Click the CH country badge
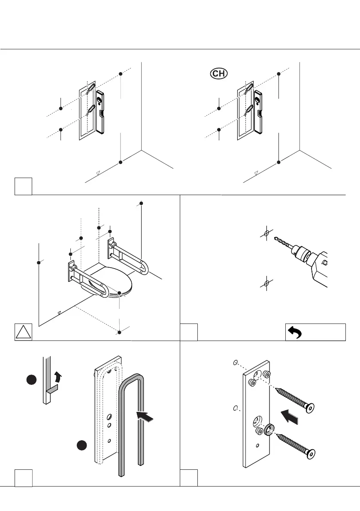click(x=218, y=73)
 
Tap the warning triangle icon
click(x=23, y=333)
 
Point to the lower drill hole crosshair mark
click(x=266, y=284)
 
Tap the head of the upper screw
click(x=308, y=408)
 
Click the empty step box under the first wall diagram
click(x=23, y=186)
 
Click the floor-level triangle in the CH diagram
click(x=256, y=172)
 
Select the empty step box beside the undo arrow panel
click(x=189, y=333)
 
